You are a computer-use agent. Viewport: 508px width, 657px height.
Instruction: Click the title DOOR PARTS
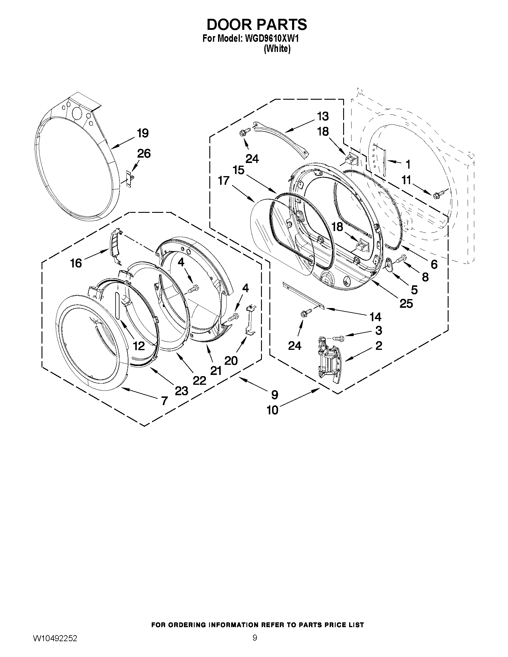pyautogui.click(x=257, y=24)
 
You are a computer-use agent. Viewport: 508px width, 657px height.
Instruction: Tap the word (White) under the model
pyautogui.click(x=277, y=49)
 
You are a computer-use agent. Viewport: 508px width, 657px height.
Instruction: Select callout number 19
pyautogui.click(x=143, y=133)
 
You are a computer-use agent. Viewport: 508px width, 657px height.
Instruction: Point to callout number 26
pyautogui.click(x=144, y=154)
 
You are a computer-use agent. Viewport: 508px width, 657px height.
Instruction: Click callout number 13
pyautogui.click(x=323, y=116)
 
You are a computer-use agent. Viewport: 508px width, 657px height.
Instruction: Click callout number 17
pyautogui.click(x=224, y=181)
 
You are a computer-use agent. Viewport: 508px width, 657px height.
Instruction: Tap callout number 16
pyautogui.click(x=76, y=263)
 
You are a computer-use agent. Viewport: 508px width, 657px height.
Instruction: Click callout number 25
pyautogui.click(x=406, y=304)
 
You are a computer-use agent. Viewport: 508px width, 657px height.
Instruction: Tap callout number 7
pyautogui.click(x=164, y=401)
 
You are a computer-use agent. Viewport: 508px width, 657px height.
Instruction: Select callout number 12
pyautogui.click(x=139, y=346)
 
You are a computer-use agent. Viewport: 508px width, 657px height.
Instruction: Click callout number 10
pyautogui.click(x=273, y=410)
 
